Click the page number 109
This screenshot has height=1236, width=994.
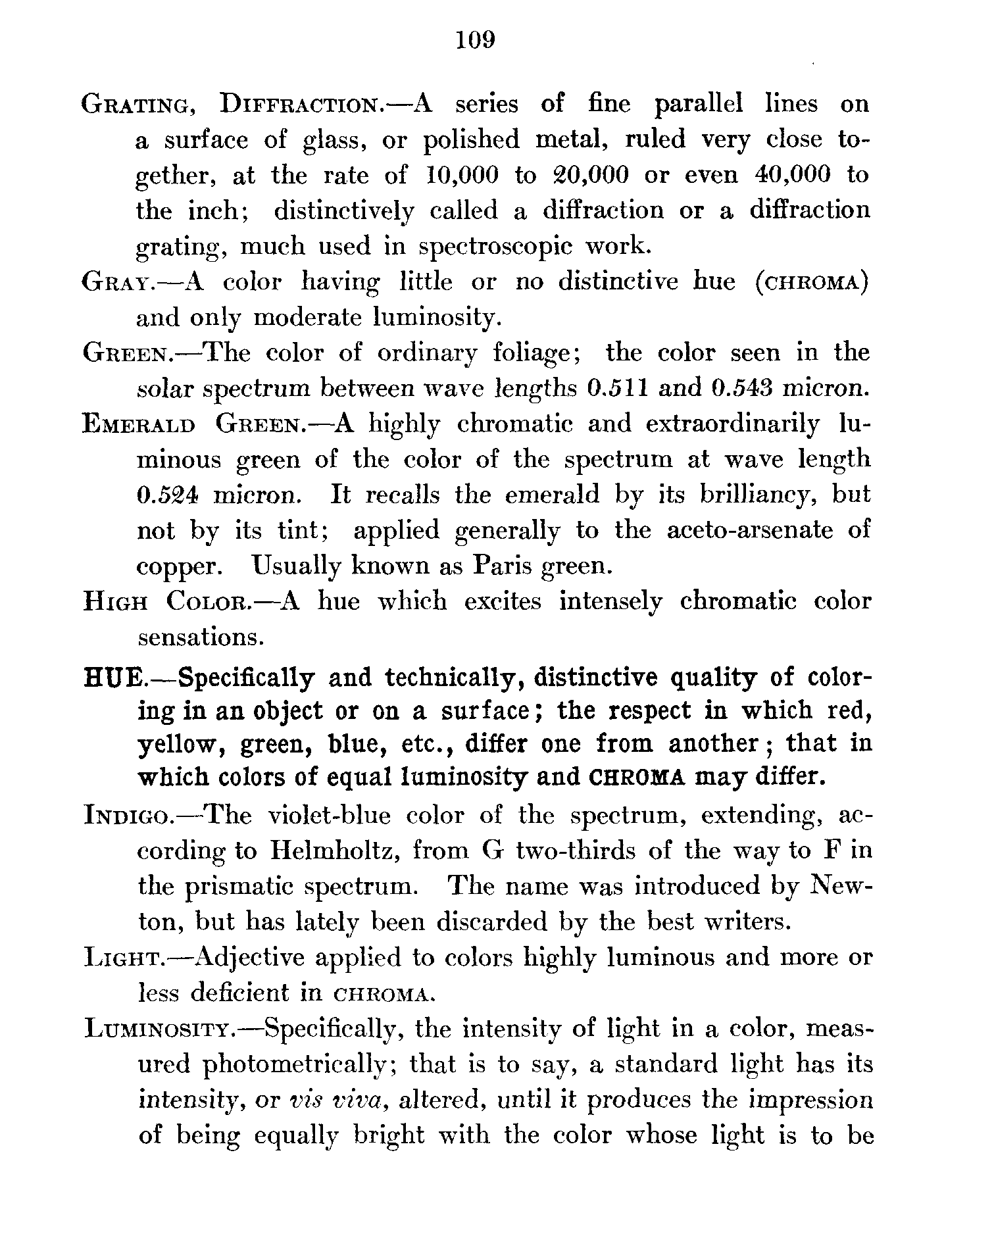[x=474, y=41]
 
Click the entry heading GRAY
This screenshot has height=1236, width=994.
[x=118, y=283]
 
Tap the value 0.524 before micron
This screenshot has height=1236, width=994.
[x=167, y=495]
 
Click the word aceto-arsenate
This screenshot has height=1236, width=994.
[x=749, y=530]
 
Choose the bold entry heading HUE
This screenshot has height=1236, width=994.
[x=112, y=677]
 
